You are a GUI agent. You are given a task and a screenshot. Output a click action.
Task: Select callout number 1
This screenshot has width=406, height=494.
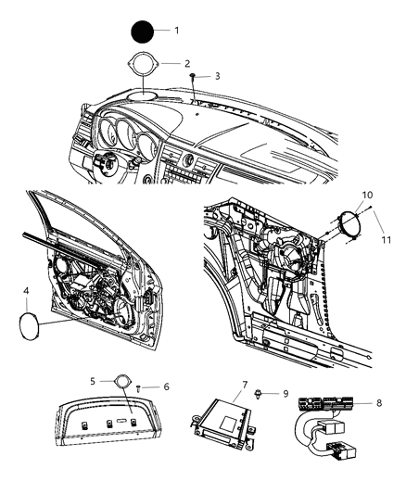point(177,31)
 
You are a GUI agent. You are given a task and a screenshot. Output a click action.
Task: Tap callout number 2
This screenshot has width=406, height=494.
point(186,64)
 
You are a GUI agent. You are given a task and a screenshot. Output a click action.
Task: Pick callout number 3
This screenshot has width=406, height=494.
point(216,76)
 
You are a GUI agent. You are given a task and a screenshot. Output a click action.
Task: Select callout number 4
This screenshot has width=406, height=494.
point(26,291)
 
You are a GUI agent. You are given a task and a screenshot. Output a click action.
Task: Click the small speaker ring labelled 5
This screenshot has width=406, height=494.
point(122,381)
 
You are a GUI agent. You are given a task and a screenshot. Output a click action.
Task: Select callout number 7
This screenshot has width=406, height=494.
point(244,384)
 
